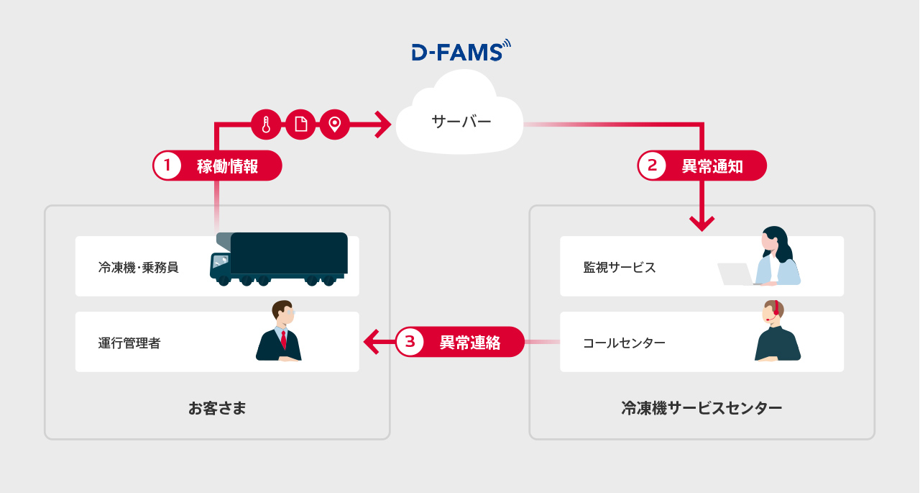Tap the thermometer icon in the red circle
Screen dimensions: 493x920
coord(266,125)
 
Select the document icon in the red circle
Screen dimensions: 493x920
coord(300,125)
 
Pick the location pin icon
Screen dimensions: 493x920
coord(334,125)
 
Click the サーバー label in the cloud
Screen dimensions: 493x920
coord(461,122)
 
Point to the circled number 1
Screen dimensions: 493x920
coord(167,166)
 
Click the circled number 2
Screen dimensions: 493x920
coord(653,166)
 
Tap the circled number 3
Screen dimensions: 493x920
coord(410,342)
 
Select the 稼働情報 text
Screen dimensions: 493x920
coord(227,166)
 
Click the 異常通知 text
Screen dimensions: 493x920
coord(712,166)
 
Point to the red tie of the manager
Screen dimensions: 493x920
coord(284,339)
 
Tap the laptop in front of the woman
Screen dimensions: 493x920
coord(735,274)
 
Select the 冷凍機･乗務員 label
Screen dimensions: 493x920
coord(138,268)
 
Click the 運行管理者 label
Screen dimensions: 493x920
coord(129,343)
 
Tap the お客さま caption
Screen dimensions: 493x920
coord(217,409)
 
